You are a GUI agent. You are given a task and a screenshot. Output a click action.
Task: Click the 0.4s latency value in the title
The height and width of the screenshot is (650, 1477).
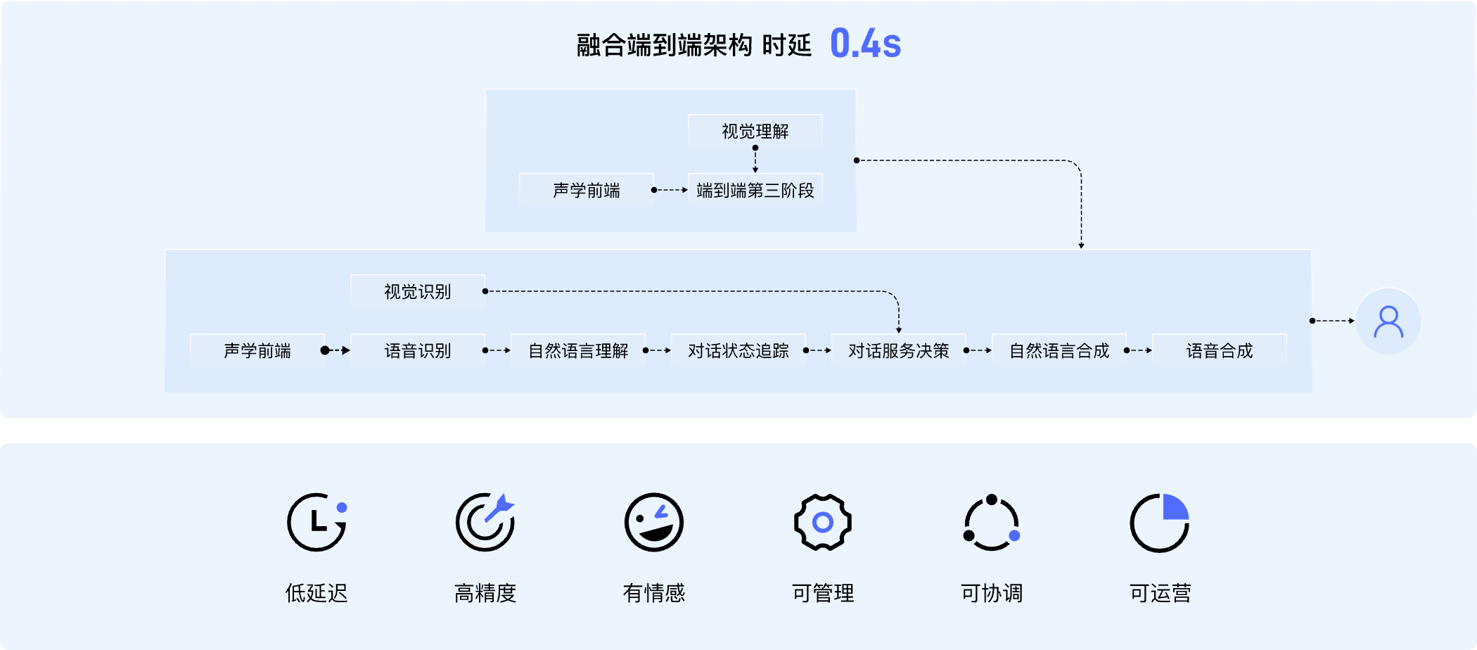coord(865,44)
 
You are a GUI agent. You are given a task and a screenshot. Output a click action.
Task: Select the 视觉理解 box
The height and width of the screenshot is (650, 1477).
coord(755,131)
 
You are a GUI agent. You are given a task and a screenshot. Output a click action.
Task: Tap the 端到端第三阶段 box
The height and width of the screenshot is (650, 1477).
coord(755,190)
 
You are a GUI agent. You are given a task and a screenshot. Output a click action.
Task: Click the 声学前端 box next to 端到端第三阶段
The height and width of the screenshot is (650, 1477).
coord(586,190)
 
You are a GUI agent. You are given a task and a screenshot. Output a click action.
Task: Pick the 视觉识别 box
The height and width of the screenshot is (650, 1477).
coord(417,291)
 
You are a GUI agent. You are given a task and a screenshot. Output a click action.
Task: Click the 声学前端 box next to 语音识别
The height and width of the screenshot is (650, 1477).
coord(257,350)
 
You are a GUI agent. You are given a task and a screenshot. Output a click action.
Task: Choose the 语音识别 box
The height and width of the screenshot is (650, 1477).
coord(417,350)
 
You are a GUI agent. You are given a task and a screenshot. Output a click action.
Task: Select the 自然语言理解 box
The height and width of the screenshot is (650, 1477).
coord(577,350)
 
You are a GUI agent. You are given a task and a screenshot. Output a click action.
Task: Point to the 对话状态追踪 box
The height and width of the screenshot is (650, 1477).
coord(738,350)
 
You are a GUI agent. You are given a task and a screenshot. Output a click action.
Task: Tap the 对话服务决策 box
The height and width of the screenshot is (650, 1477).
coord(898,350)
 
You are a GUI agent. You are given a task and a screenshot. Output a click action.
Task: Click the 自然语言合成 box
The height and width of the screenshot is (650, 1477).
coord(1059,350)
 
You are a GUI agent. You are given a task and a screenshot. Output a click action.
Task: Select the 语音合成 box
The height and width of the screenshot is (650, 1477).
coord(1219,350)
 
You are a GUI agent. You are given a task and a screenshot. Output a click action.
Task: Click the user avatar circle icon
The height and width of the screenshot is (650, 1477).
coord(1388,321)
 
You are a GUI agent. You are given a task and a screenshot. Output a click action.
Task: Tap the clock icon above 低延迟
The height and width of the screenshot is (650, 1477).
coord(316,522)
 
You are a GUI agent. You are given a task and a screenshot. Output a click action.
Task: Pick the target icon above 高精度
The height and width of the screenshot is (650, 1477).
coord(485,522)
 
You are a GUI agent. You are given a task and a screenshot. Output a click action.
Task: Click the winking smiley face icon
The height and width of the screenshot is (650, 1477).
coord(654,522)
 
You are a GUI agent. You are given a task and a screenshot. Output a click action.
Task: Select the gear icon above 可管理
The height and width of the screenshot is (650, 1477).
coord(822,522)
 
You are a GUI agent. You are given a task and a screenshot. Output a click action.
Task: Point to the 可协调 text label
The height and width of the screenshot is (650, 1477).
coord(991,593)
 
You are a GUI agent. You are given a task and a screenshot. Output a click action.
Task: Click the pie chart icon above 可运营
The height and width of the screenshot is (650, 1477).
coord(1160,522)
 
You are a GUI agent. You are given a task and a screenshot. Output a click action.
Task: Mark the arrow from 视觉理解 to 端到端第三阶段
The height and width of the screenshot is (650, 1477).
coord(755,160)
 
